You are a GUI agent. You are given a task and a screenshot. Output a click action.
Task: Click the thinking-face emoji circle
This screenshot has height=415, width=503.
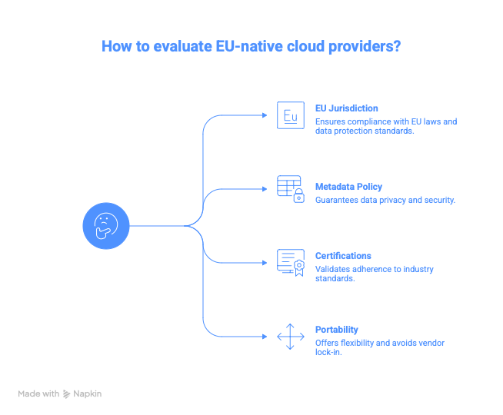[106, 226]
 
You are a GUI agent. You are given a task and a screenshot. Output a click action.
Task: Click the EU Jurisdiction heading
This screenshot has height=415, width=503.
[346, 109]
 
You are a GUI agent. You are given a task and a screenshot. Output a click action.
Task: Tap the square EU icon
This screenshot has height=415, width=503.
[290, 115]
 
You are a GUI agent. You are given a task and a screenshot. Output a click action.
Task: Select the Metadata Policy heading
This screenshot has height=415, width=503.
[348, 187]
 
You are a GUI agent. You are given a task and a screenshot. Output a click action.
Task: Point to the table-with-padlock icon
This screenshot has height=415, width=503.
[291, 189]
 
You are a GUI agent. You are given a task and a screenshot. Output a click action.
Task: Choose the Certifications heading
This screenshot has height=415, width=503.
[343, 256]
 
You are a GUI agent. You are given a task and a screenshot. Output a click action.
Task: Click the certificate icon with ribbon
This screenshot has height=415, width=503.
[291, 262]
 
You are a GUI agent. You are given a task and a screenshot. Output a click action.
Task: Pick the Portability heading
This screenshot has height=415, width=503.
[336, 330]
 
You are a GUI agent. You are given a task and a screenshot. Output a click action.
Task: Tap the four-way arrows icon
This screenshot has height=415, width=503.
[290, 337]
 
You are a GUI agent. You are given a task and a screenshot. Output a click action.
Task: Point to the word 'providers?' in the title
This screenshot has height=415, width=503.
[360, 46]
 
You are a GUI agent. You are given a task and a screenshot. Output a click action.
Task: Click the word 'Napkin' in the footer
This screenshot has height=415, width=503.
[88, 393]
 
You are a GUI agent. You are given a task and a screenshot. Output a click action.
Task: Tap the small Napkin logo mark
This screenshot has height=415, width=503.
[67, 393]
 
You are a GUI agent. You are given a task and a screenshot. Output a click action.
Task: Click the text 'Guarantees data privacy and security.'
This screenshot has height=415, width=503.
[385, 200]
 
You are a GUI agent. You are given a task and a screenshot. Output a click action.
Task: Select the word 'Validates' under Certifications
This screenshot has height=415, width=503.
[331, 269]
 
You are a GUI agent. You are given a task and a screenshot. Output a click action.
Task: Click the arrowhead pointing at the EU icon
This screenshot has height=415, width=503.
[268, 115]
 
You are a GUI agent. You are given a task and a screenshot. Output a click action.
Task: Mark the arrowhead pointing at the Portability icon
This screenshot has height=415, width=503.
[268, 337]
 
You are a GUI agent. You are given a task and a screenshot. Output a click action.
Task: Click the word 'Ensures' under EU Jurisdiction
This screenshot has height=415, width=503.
[329, 121]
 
